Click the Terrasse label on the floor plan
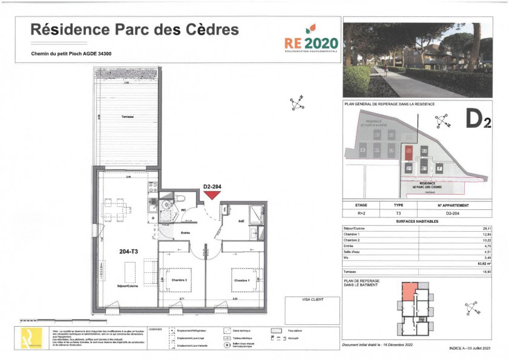[x=127, y=116]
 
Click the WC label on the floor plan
[x=183, y=211]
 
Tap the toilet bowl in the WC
[x=180, y=200]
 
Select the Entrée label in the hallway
[x=186, y=232]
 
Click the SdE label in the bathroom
[x=240, y=221]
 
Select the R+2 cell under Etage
[x=360, y=213]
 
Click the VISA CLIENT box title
[x=312, y=299]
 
